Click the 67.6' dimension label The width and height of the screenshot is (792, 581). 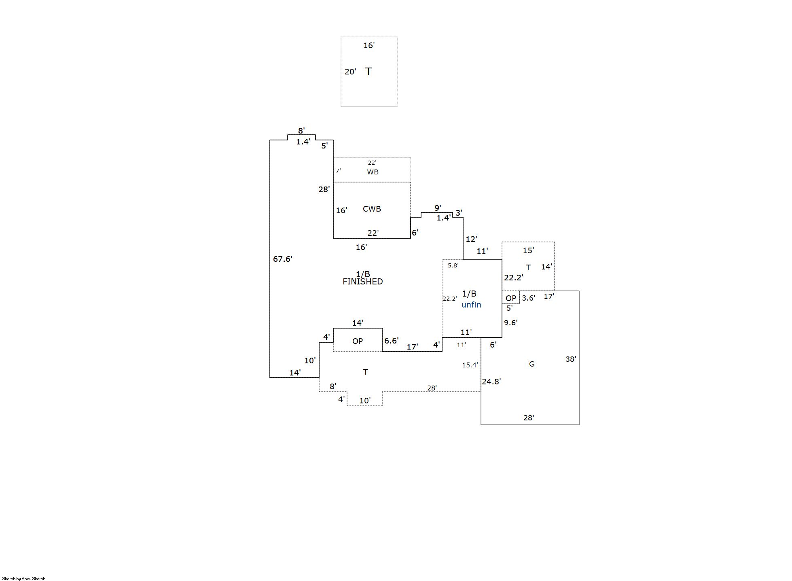click(x=282, y=259)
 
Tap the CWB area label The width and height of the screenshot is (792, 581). click(x=372, y=209)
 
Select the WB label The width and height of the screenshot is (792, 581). click(x=373, y=172)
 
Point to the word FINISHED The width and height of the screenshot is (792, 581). click(x=362, y=282)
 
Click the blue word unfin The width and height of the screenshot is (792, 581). click(x=471, y=305)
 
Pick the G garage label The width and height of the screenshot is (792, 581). click(x=532, y=364)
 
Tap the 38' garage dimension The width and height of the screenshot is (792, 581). click(x=570, y=359)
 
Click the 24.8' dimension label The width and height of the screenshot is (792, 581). click(x=491, y=382)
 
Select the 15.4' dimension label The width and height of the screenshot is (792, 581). click(x=470, y=365)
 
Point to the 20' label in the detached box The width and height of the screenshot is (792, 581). click(x=350, y=72)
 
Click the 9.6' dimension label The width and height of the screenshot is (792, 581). click(x=510, y=322)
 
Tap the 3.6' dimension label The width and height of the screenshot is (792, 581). click(x=528, y=298)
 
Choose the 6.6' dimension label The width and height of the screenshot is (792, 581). click(x=391, y=341)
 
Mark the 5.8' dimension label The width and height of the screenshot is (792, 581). click(x=453, y=265)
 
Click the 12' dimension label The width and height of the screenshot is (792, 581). click(x=471, y=239)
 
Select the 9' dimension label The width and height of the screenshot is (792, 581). click(x=437, y=208)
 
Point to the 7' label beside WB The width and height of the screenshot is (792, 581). click(x=338, y=171)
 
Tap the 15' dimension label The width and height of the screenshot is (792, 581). click(x=528, y=250)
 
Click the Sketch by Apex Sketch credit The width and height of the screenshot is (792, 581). click(x=24, y=579)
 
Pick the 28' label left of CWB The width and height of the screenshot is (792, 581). click(x=324, y=189)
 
